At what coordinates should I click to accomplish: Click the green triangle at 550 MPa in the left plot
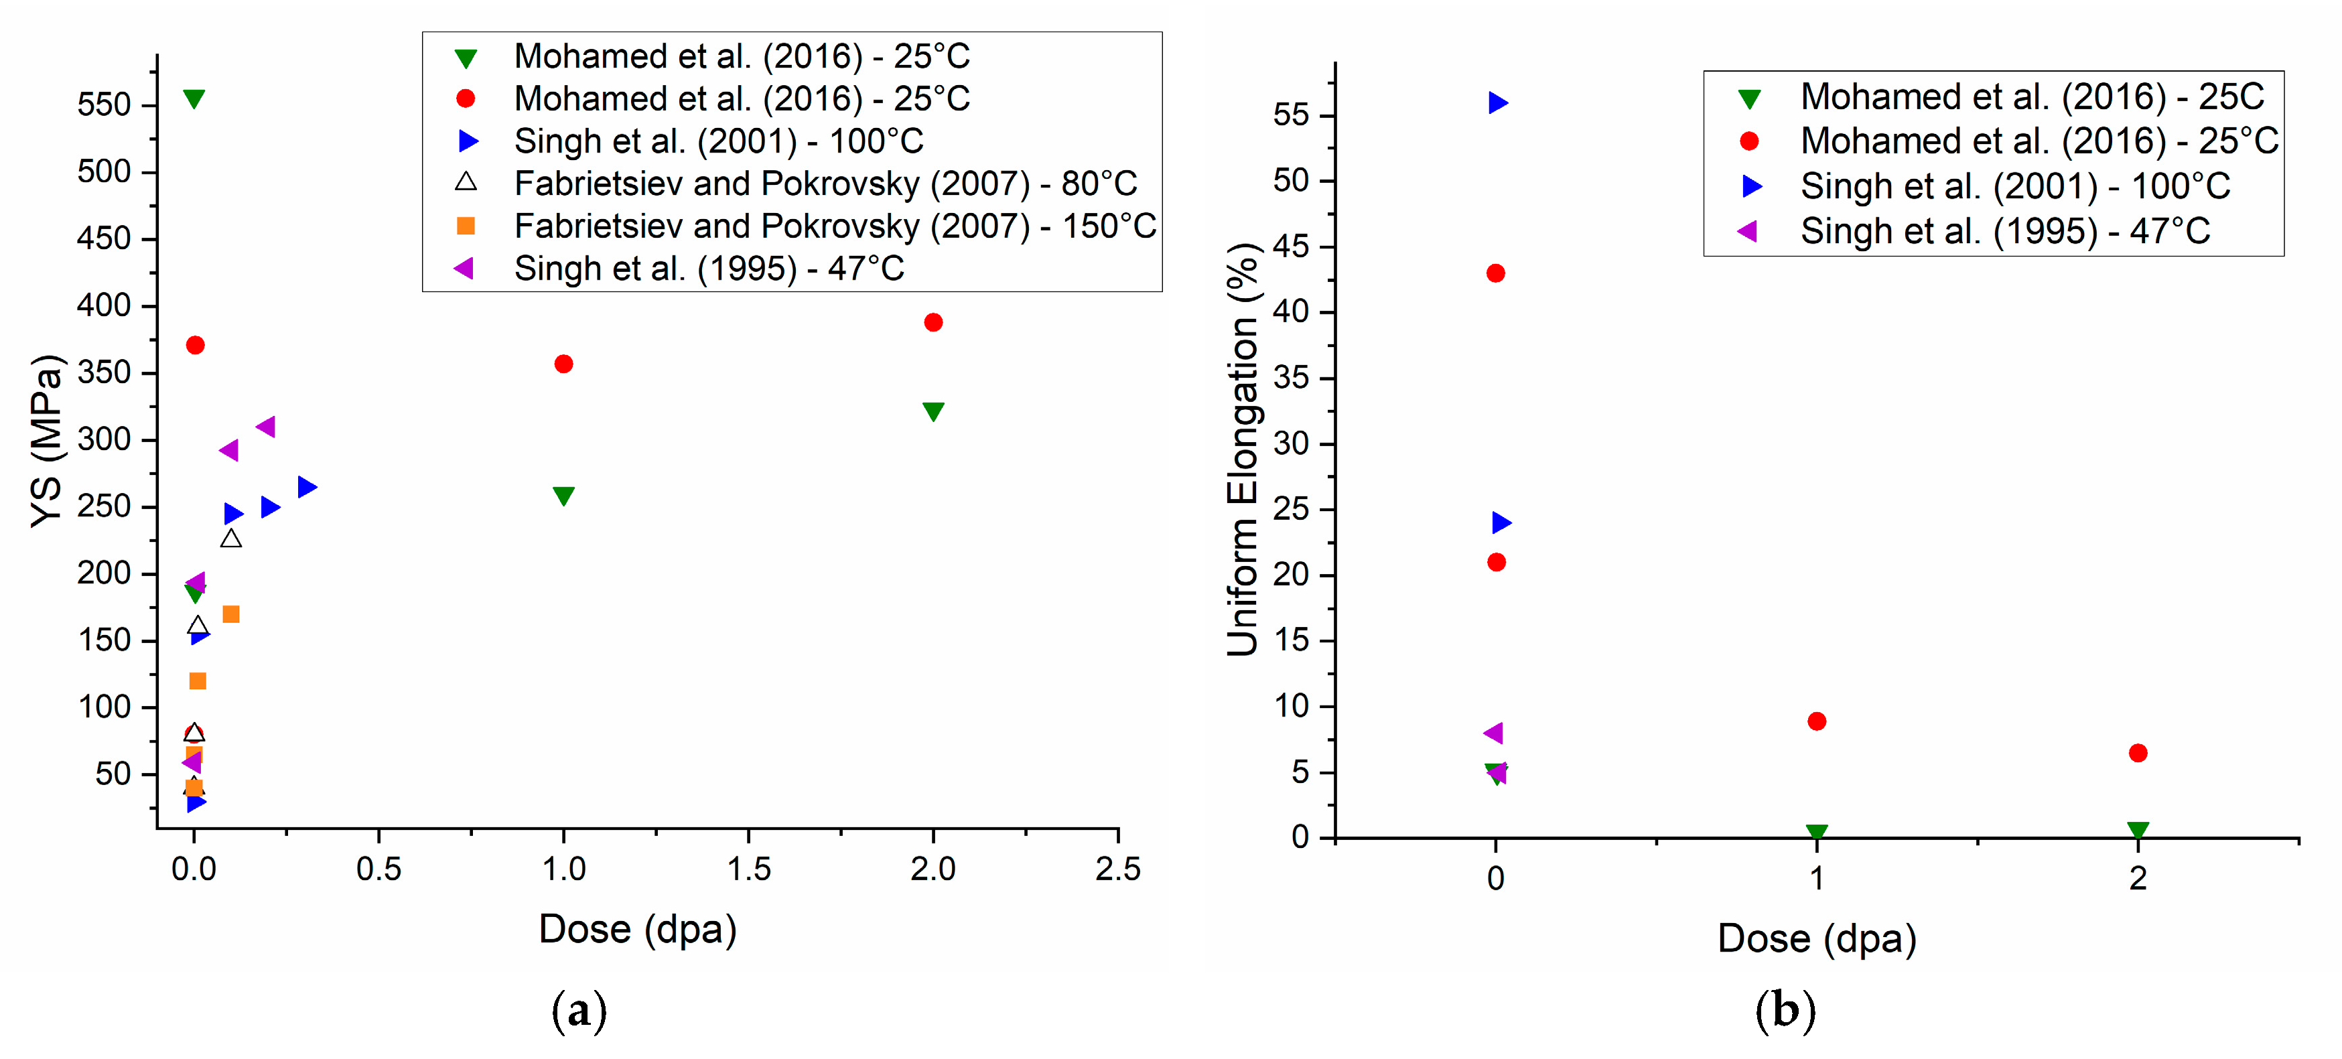click(x=194, y=98)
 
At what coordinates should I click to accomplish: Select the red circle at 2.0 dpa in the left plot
click(x=933, y=322)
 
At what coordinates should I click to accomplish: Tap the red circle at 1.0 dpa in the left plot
click(x=563, y=364)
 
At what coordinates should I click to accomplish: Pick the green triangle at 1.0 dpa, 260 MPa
click(x=563, y=496)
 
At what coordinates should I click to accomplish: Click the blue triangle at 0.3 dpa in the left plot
click(x=306, y=487)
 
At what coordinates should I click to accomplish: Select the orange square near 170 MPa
click(x=231, y=614)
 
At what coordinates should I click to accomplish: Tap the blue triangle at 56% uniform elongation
click(x=1497, y=102)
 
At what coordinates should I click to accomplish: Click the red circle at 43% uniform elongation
click(x=1495, y=273)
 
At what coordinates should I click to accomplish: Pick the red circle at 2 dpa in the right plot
click(x=2138, y=753)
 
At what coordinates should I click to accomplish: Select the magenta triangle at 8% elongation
click(x=1493, y=733)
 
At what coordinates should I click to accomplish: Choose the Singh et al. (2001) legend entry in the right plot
click(x=2014, y=186)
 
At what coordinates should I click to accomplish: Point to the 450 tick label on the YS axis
click(x=104, y=239)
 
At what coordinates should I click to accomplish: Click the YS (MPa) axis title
click(x=48, y=441)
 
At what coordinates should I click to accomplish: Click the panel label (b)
click(x=1785, y=1010)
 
